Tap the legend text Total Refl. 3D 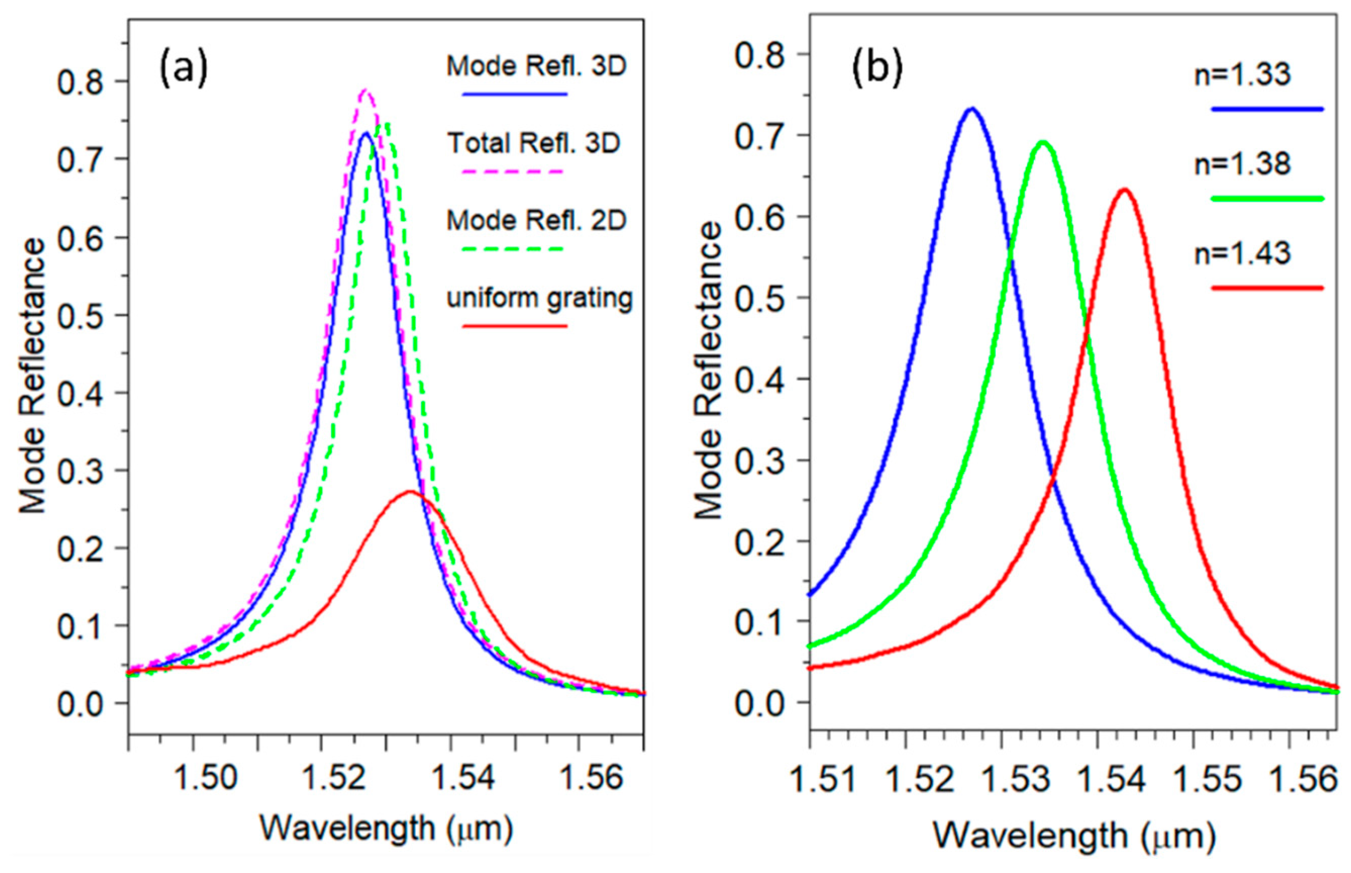click(x=533, y=143)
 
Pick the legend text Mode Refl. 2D click(x=536, y=220)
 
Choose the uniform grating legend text click(x=539, y=297)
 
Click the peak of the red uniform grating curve click(x=410, y=492)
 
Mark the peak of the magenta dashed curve click(x=365, y=90)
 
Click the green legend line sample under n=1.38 click(x=1267, y=198)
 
